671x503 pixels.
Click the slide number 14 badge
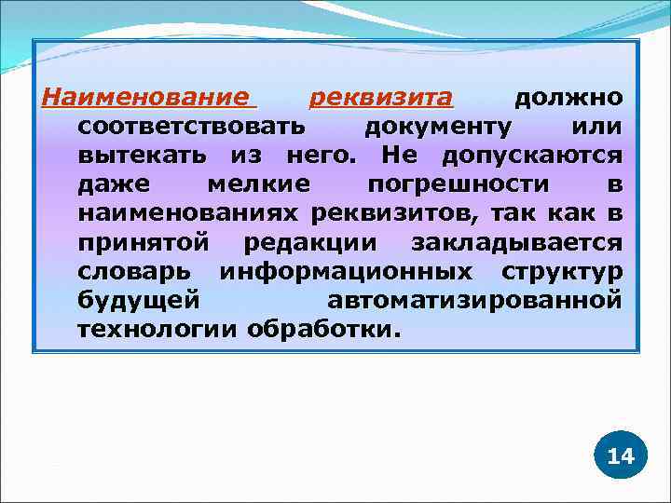pyautogui.click(x=620, y=455)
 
